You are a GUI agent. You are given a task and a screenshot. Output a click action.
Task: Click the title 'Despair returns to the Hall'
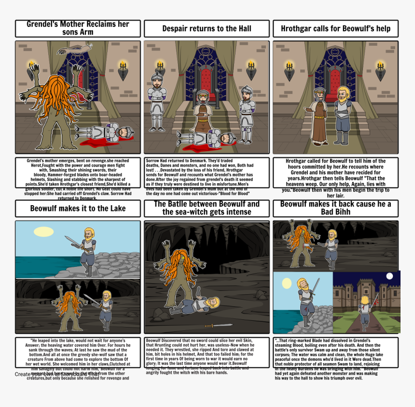click(x=207, y=29)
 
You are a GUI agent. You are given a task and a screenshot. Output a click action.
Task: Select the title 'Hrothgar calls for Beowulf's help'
click(x=335, y=29)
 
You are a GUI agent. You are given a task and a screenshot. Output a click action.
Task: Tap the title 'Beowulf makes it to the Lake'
click(x=78, y=209)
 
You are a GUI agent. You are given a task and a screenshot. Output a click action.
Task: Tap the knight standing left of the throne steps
click(x=157, y=101)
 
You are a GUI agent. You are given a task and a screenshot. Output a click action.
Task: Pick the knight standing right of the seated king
click(x=246, y=113)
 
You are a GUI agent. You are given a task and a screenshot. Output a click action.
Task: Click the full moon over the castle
click(x=390, y=276)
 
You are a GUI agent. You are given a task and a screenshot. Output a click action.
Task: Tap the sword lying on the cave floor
click(x=218, y=326)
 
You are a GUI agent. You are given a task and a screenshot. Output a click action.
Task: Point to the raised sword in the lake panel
click(x=71, y=239)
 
